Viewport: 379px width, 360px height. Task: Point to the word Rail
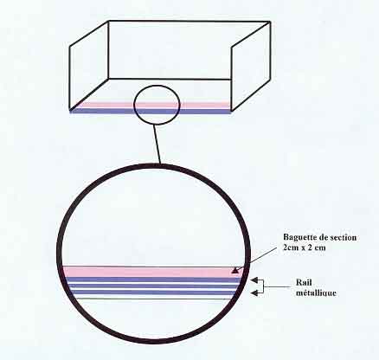[x=304, y=282]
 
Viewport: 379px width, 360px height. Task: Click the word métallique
[x=316, y=292]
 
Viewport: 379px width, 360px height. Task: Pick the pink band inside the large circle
[x=151, y=272]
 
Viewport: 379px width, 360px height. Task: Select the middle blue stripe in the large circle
[x=153, y=286]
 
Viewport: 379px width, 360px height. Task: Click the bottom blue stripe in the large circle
[x=153, y=292]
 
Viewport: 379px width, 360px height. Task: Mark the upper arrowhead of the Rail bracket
[x=254, y=280]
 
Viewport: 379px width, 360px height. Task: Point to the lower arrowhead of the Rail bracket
[x=254, y=293]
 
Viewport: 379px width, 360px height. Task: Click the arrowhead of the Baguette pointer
[x=235, y=270]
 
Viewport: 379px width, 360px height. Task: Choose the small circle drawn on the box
[x=134, y=105]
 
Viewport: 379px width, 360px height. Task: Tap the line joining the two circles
[x=157, y=145]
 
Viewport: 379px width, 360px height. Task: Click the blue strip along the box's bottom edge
[x=151, y=111]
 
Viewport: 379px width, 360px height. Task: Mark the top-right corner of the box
[x=270, y=22]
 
